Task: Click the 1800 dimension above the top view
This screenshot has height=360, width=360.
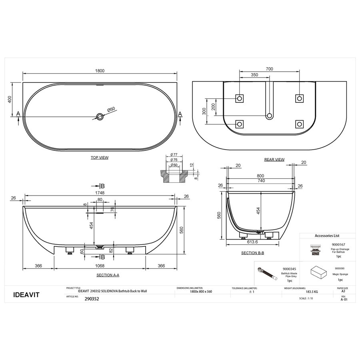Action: click(x=100, y=71)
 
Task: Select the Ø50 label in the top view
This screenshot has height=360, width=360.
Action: click(x=111, y=109)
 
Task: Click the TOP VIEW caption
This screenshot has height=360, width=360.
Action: click(x=100, y=158)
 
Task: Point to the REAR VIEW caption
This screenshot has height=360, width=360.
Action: click(x=274, y=160)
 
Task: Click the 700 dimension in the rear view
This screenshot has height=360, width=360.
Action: click(x=269, y=69)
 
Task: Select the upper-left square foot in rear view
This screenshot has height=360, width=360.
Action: click(x=239, y=98)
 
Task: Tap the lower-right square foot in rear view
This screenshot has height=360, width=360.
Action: click(x=300, y=124)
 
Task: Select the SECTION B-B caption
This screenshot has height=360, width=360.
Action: click(x=252, y=253)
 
